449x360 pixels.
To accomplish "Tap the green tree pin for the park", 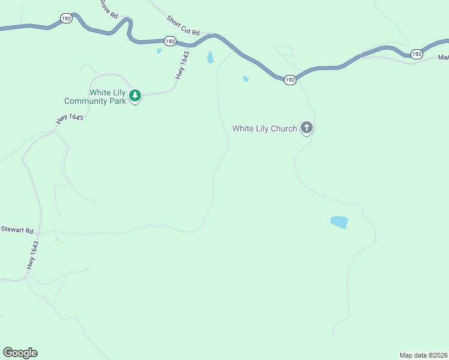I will [136, 95].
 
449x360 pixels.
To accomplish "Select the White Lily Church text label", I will [265, 128].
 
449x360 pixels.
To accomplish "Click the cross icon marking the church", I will [307, 127].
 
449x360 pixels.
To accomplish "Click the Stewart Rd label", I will [17, 229].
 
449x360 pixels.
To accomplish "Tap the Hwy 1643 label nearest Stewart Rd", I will [32, 254].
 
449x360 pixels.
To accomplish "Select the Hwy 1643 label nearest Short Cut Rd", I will [182, 65].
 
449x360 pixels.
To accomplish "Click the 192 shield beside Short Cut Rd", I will [170, 41].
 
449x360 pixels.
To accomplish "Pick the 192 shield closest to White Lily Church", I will [290, 80].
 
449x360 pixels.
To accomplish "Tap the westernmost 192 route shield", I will [67, 19].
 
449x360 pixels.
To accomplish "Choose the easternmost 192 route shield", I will [417, 54].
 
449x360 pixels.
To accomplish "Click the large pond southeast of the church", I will [339, 222].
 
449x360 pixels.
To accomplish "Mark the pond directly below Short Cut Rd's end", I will [210, 58].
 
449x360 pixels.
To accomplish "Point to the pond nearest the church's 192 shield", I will [246, 79].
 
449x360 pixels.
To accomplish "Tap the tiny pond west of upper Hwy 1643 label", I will [159, 51].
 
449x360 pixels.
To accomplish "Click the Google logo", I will [20, 353].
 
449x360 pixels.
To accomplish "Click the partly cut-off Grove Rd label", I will [109, 8].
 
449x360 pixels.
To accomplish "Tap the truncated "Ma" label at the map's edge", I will [443, 58].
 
